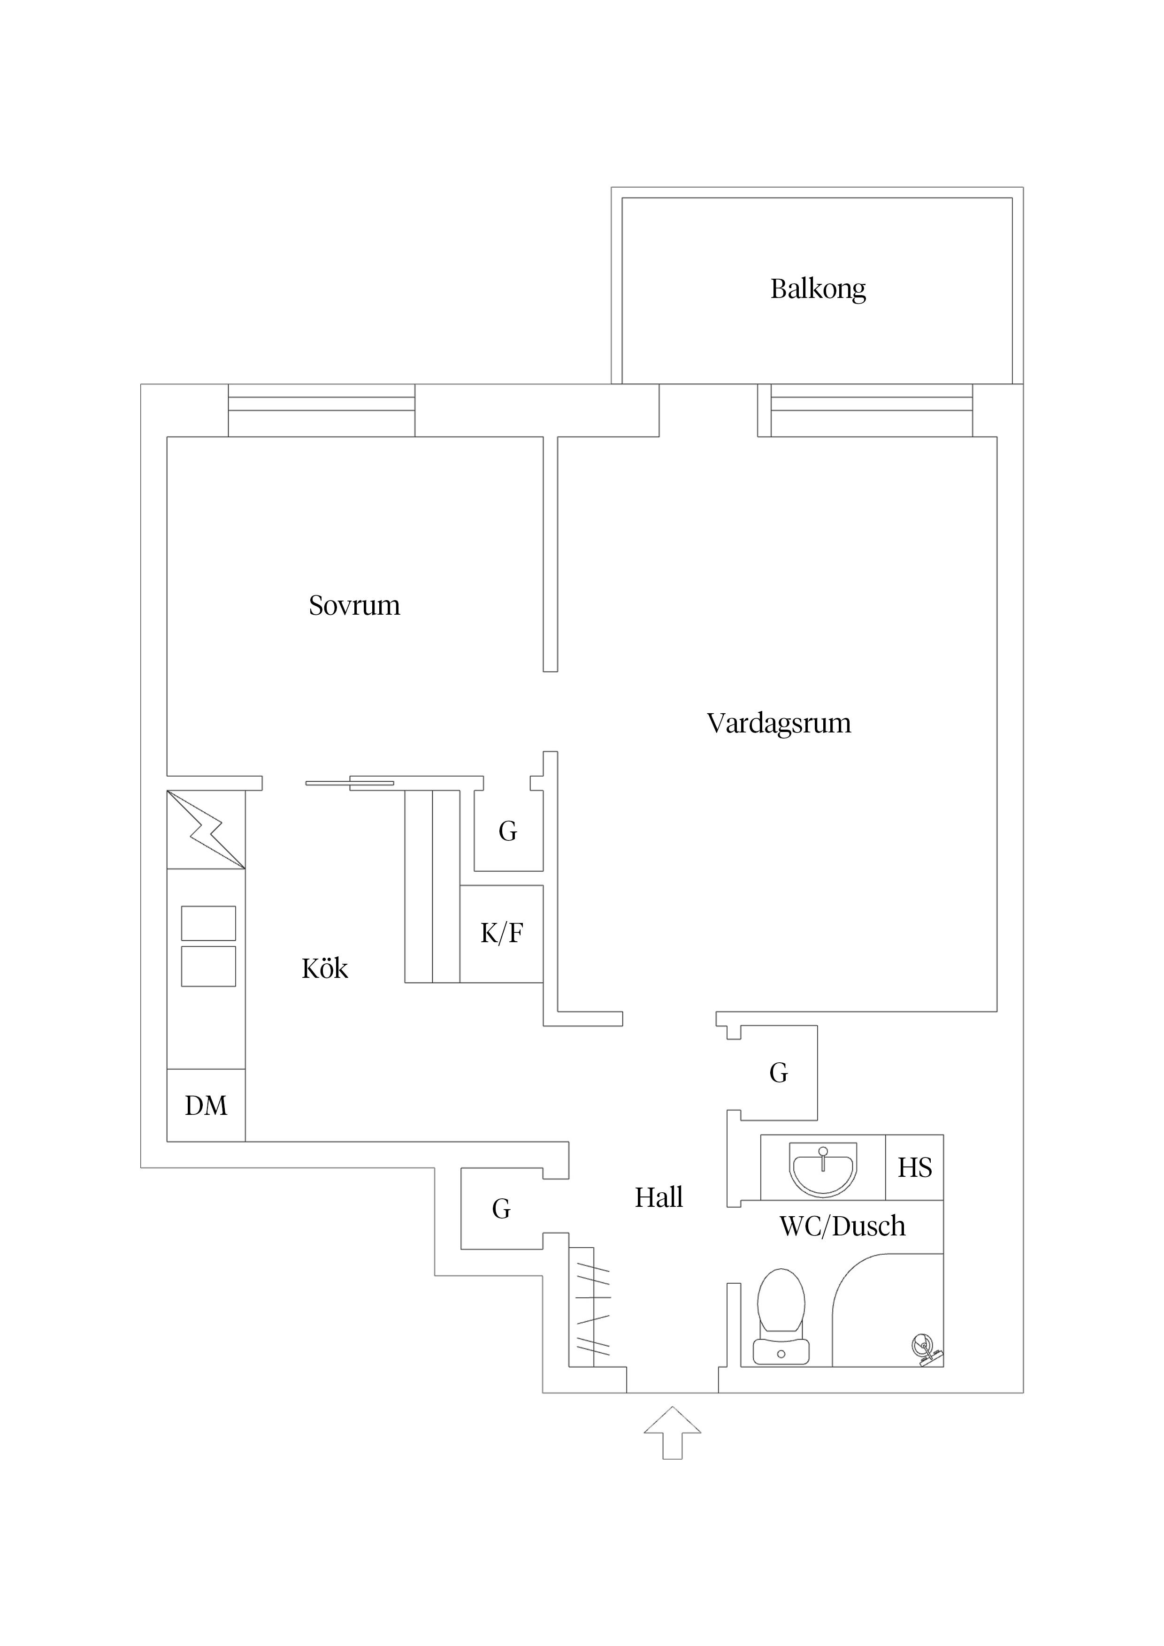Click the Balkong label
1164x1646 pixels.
click(x=818, y=289)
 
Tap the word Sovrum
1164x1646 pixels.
click(x=354, y=606)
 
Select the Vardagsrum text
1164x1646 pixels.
click(x=779, y=724)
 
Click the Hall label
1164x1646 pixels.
click(x=659, y=1197)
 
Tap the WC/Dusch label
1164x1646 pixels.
click(x=842, y=1227)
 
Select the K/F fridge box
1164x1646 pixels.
click(x=501, y=933)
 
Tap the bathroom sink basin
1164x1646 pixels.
click(x=823, y=1168)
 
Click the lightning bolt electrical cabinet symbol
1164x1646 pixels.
click(x=207, y=830)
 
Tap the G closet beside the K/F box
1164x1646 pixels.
click(x=508, y=831)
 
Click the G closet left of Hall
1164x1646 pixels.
click(x=501, y=1209)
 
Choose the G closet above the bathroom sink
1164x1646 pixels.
click(x=778, y=1073)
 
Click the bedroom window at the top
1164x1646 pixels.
click(x=322, y=410)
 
